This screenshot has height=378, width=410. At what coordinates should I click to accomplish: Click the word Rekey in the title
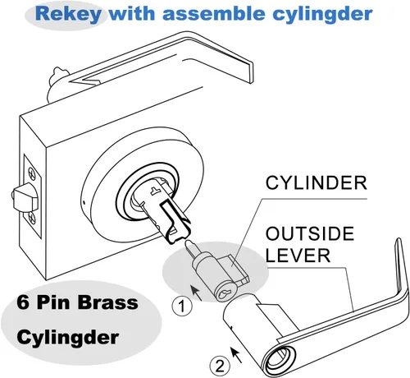(68, 14)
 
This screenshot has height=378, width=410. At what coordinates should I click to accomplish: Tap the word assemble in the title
(213, 13)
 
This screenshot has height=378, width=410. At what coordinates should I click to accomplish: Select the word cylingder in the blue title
(322, 15)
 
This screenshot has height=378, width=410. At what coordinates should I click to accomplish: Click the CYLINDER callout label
(317, 183)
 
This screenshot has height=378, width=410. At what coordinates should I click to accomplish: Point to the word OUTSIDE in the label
(310, 233)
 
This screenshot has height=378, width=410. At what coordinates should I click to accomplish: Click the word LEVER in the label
(298, 256)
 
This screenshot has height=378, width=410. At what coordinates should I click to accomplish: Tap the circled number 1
(182, 307)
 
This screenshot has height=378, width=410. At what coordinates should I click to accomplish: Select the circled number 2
(220, 366)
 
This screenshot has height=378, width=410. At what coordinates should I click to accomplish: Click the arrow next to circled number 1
(196, 293)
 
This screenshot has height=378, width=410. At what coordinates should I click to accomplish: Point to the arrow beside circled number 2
(236, 355)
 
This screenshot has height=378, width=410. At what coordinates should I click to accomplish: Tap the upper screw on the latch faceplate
(32, 173)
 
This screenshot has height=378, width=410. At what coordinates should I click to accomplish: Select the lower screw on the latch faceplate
(32, 219)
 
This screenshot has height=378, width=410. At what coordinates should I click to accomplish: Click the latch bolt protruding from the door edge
(24, 196)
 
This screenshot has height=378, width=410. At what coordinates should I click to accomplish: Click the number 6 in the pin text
(22, 302)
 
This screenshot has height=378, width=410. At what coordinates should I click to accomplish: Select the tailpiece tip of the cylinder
(189, 245)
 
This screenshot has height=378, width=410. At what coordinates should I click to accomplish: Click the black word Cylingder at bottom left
(67, 338)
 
